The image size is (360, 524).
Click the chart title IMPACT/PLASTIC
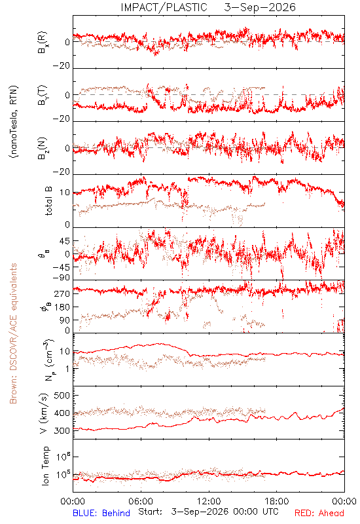pos(164,7)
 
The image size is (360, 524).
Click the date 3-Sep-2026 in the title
pos(260,7)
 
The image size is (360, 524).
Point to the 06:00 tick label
pos(141,502)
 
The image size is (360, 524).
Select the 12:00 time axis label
pos(209,502)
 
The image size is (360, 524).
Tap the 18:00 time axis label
pos(277,502)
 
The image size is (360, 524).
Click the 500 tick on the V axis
pos(62,396)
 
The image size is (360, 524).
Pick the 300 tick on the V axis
pos(62,431)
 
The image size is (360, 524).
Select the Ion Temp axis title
pos(45,466)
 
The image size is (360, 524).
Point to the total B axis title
pos(48,201)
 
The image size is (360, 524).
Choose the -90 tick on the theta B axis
pos(62,278)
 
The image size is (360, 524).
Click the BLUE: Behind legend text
pos(101,513)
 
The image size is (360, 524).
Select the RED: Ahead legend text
pos(319,513)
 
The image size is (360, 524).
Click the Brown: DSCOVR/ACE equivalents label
pos(13,333)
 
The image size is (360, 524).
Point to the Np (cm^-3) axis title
pos(48,360)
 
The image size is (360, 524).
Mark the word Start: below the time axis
pos(151,512)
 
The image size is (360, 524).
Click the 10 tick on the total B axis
pos(66,193)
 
